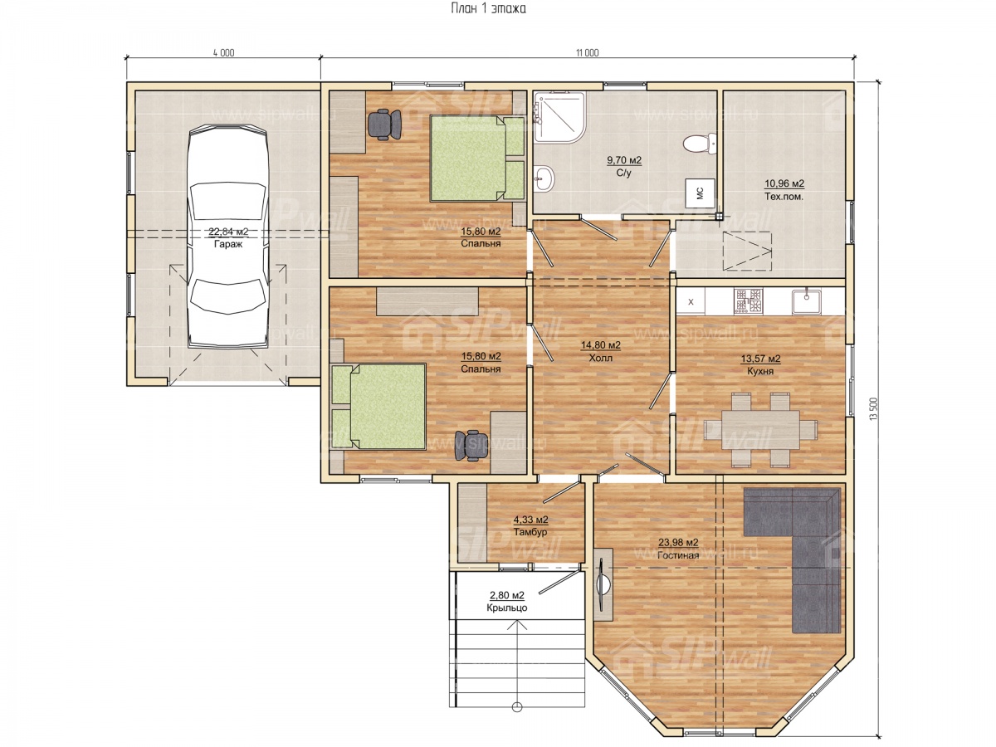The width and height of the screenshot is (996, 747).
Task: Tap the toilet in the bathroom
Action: pyautogui.click(x=699, y=144)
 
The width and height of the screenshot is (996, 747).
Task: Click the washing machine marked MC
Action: pyautogui.click(x=700, y=193)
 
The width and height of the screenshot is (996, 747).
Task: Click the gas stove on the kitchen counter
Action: pyautogui.click(x=748, y=301)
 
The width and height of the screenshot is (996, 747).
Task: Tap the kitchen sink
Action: pyautogui.click(x=806, y=301)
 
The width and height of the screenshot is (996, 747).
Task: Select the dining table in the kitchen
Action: pyautogui.click(x=760, y=429)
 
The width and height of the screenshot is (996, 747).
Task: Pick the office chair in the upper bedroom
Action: pyautogui.click(x=385, y=124)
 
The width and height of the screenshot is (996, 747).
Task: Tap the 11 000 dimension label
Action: pyautogui.click(x=587, y=53)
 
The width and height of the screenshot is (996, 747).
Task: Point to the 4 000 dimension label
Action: pyautogui.click(x=223, y=53)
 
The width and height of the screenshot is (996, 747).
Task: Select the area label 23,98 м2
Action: pyautogui.click(x=678, y=543)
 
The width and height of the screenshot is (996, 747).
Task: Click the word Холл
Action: pyautogui.click(x=600, y=358)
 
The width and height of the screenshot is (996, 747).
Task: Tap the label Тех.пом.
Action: pyautogui.click(x=784, y=197)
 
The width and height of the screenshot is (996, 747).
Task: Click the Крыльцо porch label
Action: pyautogui.click(x=507, y=608)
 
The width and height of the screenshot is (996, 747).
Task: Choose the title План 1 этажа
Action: pyautogui.click(x=488, y=8)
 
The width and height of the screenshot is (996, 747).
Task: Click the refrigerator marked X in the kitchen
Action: pyautogui.click(x=691, y=301)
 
